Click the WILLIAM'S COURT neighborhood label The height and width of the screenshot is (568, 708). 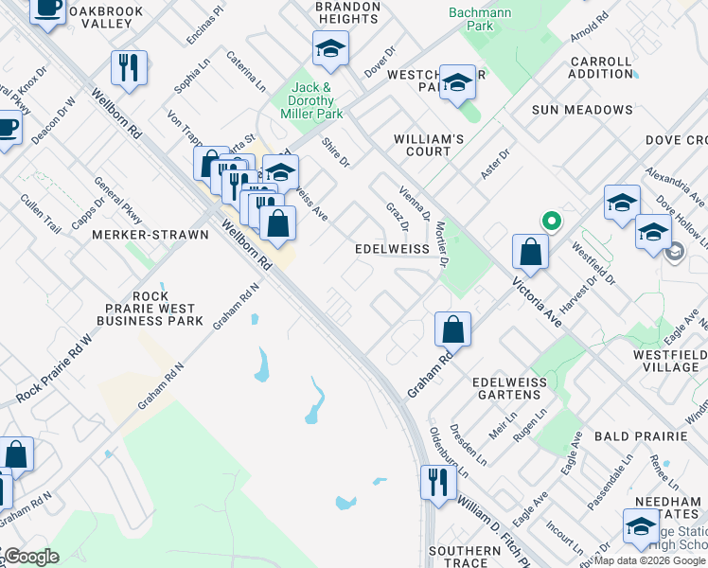tap(429, 145)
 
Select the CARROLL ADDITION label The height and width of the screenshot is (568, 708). tap(601, 67)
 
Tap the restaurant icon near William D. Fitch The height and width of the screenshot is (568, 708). tap(437, 482)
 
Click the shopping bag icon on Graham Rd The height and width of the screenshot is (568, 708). tap(453, 329)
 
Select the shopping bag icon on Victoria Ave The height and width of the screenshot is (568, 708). tap(530, 251)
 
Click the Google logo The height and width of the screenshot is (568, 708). tap(30, 557)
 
